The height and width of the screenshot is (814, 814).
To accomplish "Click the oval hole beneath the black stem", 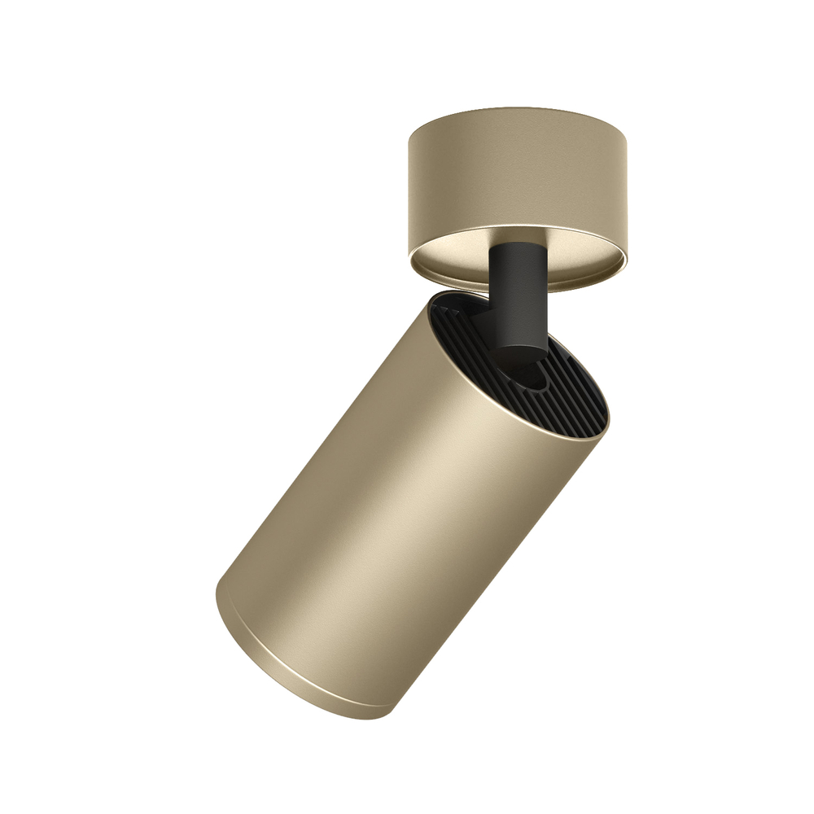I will click(x=533, y=376).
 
